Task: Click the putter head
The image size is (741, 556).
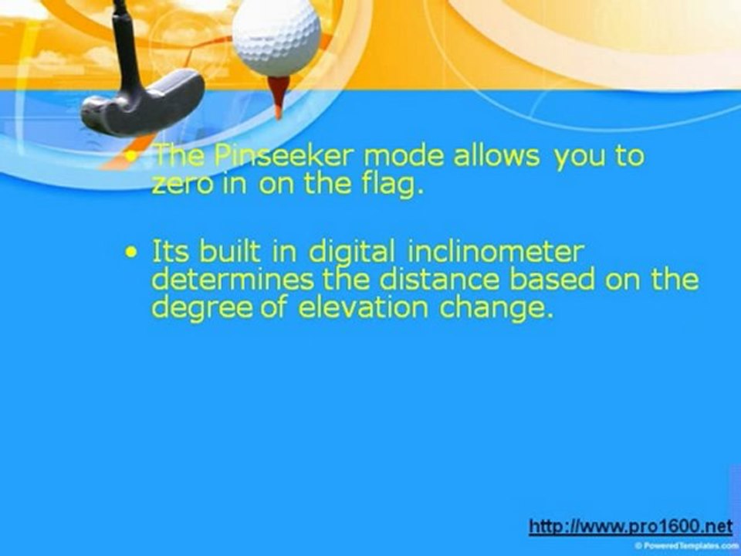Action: [142, 104]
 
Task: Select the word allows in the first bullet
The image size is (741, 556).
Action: [496, 155]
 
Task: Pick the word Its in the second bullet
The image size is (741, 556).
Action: [170, 252]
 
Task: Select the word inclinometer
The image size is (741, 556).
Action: [496, 252]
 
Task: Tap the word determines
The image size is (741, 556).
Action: [232, 280]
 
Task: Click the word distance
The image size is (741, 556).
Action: [439, 280]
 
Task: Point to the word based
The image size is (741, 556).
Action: [552, 280]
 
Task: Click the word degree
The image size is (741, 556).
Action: [201, 309]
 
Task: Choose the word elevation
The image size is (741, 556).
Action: [363, 308]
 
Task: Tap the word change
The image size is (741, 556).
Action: [496, 309]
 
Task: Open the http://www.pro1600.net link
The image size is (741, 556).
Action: [631, 526]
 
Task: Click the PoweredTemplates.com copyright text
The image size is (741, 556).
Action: [687, 545]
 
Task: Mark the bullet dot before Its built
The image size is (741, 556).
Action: [131, 253]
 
